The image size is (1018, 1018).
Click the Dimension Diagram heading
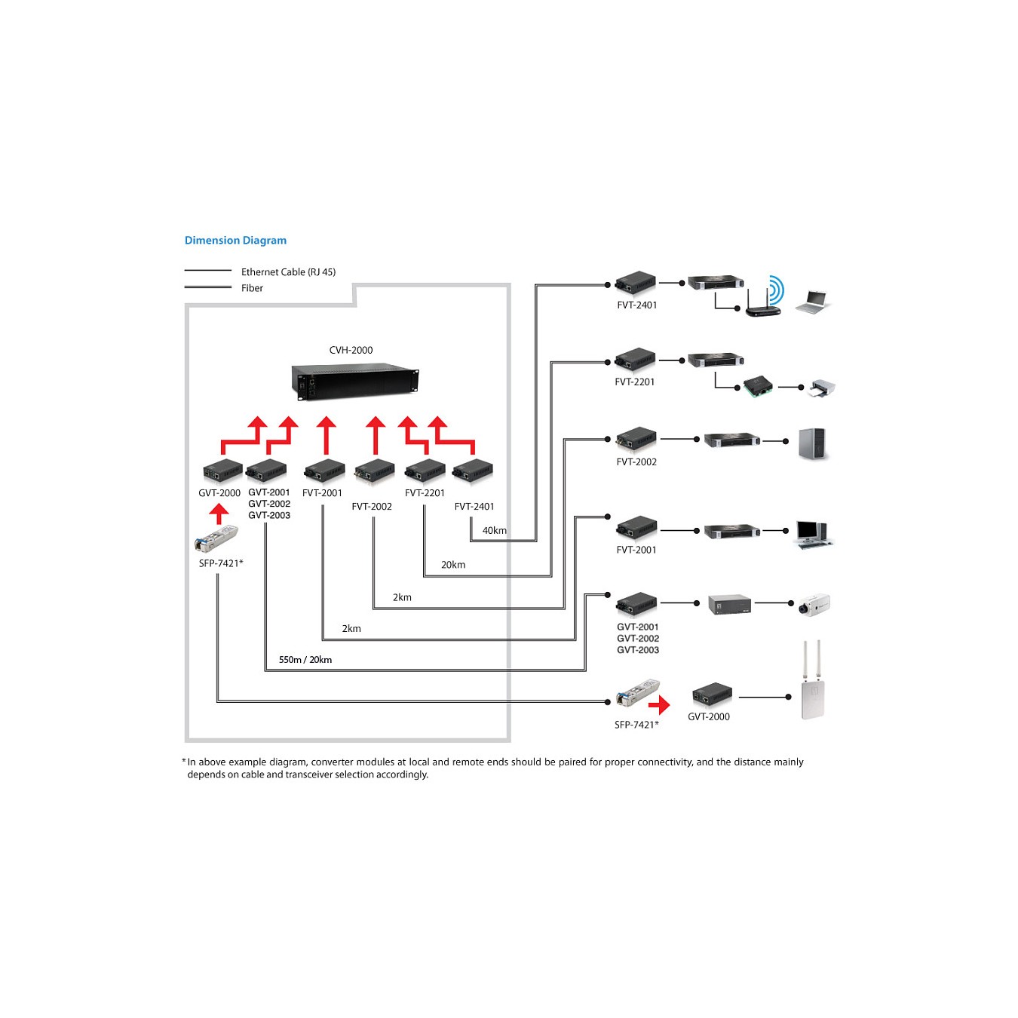235,241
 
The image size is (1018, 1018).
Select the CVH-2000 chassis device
355,382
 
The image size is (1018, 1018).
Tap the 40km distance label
495,530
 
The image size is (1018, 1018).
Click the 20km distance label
453,565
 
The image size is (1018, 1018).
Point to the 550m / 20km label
305,659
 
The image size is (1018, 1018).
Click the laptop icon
812,302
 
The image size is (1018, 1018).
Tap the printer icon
823,388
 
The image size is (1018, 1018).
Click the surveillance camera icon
814,605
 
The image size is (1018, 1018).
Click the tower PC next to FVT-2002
813,443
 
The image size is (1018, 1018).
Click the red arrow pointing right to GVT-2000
659,705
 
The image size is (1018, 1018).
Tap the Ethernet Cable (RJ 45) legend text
289,272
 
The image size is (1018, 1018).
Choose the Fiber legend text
252,288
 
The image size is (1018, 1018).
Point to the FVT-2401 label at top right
636,305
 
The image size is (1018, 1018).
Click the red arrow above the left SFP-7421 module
219,514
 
